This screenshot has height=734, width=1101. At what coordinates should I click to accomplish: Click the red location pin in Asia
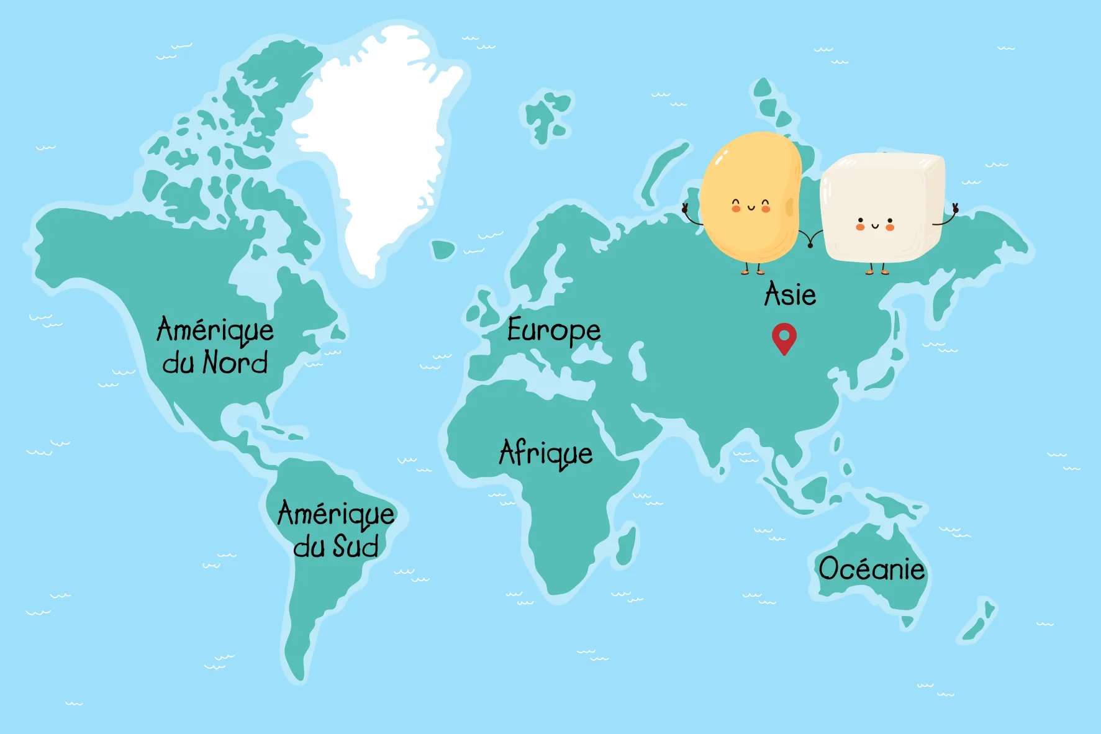(784, 337)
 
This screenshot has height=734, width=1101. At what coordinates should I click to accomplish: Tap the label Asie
(790, 294)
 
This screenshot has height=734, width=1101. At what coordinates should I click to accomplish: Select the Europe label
(553, 331)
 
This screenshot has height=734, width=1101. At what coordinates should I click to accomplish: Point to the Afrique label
(546, 453)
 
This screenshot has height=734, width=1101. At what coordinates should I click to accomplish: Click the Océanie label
(871, 569)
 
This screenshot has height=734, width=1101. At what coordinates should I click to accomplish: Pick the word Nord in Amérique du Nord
(235, 362)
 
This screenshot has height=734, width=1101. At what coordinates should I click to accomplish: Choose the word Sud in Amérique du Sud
(356, 546)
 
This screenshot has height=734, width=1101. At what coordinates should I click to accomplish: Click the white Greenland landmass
(379, 137)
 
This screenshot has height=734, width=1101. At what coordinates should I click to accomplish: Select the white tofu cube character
(882, 208)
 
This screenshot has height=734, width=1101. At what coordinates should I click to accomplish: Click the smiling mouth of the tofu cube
(875, 226)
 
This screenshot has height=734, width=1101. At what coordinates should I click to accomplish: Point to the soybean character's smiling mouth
(751, 207)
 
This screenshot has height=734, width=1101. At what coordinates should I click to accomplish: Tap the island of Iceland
(443, 250)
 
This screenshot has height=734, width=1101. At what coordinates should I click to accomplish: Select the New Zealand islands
(978, 621)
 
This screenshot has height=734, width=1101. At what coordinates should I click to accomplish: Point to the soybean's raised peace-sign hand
(685, 208)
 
